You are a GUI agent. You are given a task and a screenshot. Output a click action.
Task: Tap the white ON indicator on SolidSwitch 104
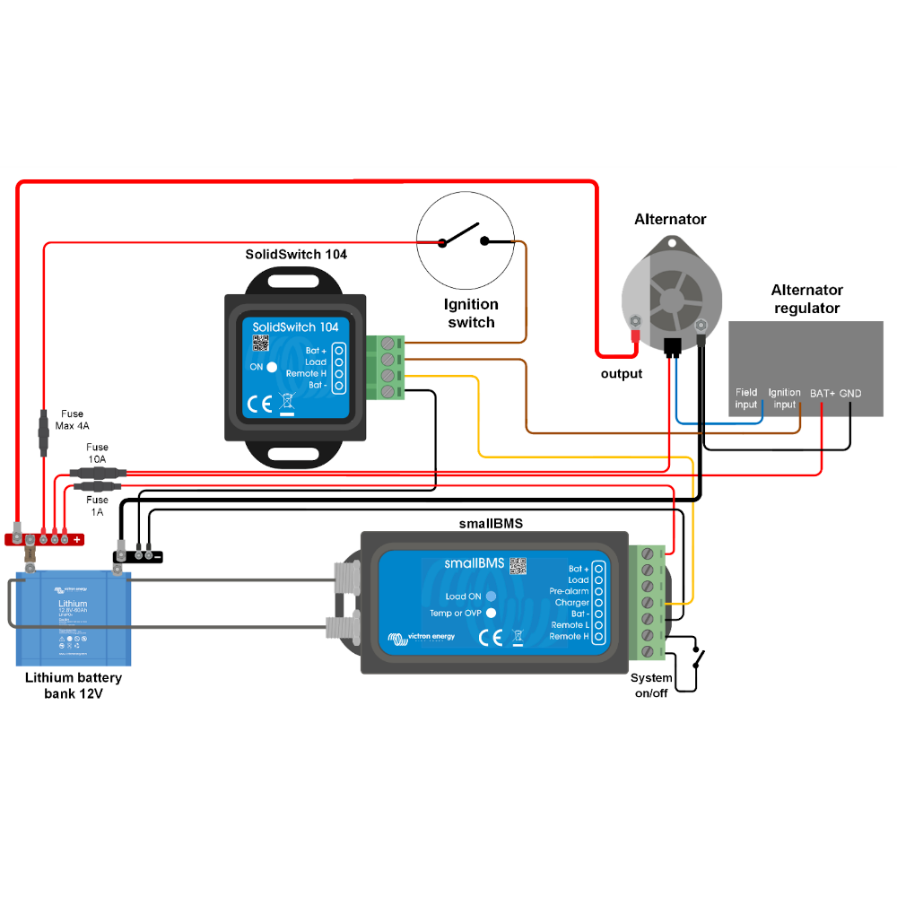point(272,367)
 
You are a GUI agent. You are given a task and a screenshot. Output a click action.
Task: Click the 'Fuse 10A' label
point(97,453)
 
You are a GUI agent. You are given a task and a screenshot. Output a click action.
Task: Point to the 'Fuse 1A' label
point(97,505)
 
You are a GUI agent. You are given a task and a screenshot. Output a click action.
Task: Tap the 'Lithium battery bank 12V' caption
point(74,684)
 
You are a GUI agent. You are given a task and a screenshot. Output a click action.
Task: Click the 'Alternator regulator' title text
point(806,299)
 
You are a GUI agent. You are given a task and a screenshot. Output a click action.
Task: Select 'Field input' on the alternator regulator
point(746,398)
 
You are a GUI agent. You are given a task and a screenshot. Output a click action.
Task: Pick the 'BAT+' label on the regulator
point(822,393)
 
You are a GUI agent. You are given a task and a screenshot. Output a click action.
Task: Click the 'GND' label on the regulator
point(850,393)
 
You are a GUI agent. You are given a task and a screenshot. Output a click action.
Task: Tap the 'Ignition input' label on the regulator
point(784,398)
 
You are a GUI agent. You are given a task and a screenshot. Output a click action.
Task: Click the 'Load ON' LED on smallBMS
point(491,597)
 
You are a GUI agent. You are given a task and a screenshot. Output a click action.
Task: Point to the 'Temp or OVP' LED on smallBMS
point(491,614)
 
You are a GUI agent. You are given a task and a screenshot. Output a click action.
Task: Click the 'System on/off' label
point(651,684)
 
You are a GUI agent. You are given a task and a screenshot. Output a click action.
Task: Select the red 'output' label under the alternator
point(622,373)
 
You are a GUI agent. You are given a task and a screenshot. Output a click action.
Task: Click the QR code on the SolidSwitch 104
point(260,344)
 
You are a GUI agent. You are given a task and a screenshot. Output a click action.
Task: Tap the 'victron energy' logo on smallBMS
point(422,638)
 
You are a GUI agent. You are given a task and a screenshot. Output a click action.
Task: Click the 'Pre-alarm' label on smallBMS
point(569,591)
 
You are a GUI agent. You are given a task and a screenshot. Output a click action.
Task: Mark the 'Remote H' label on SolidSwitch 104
point(306,373)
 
